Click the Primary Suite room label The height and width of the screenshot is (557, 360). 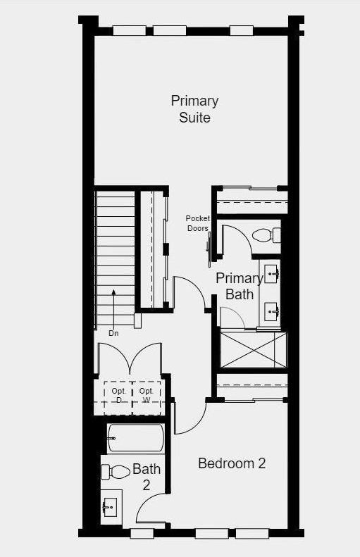coord(194,109)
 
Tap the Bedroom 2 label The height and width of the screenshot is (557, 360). coord(232,463)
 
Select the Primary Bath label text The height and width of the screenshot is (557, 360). coord(239,287)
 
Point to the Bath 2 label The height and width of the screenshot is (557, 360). coord(147,477)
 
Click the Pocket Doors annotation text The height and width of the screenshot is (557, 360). coord(198,223)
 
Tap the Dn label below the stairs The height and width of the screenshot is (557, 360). coord(113,333)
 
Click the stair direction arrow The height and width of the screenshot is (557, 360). coord(113,308)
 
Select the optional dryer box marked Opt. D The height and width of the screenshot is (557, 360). coord(118,398)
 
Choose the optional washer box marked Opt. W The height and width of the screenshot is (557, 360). coord(147,398)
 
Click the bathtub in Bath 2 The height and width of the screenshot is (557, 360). coord(136,439)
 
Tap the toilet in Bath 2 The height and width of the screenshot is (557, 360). coord(116,472)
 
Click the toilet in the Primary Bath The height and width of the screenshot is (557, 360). coord(266,235)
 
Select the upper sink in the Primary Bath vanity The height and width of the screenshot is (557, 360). coord(271,274)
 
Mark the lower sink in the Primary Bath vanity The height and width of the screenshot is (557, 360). coord(271,311)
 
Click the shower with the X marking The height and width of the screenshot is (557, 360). coord(254,350)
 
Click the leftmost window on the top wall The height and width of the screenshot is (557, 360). coord(130,30)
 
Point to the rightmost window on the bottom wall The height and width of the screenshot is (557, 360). coord(252,534)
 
